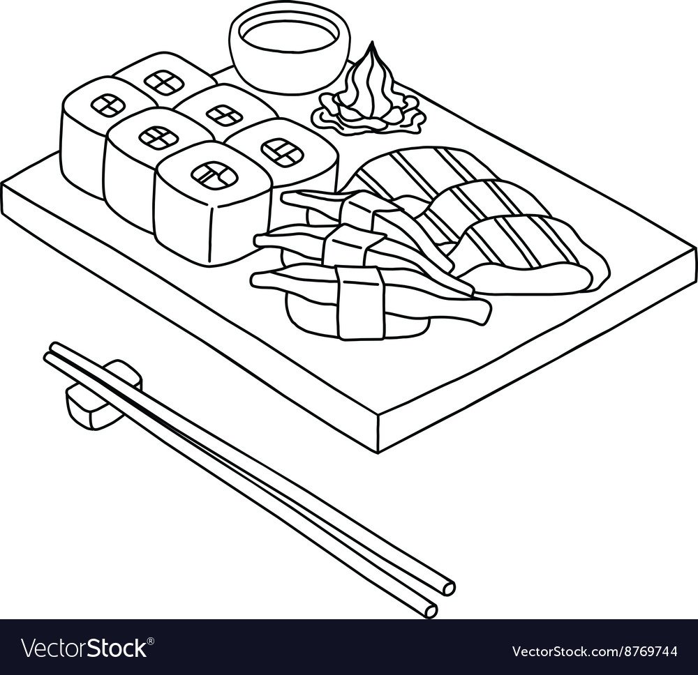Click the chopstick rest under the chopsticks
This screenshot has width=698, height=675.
[103, 393]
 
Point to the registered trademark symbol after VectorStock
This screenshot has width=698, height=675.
[151, 640]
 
